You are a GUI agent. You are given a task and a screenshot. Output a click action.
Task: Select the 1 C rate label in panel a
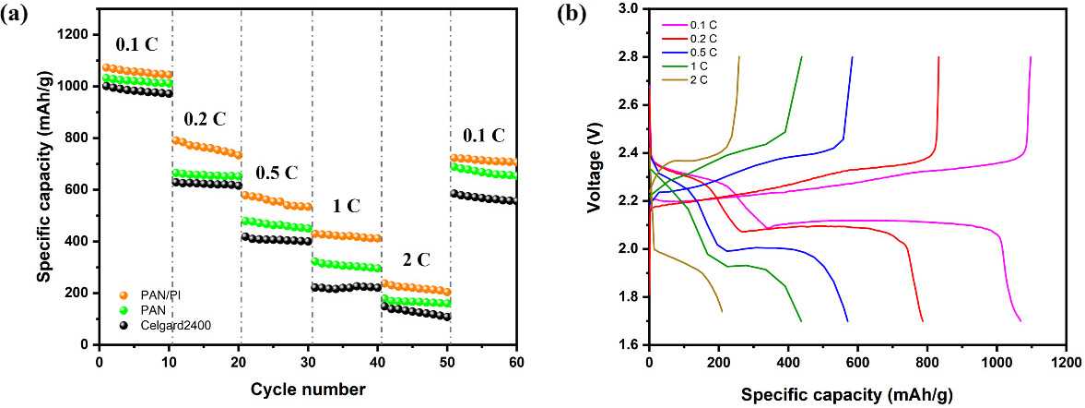[x=348, y=205]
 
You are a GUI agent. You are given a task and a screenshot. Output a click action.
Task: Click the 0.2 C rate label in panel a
[x=205, y=118]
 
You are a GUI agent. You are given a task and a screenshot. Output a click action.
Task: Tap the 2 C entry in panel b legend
[x=696, y=80]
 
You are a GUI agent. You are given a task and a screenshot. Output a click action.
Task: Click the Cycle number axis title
[x=308, y=390]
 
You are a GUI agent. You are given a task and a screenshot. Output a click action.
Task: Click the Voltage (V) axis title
[x=598, y=175]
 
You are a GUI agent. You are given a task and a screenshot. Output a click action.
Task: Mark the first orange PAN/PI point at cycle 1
[x=107, y=67]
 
